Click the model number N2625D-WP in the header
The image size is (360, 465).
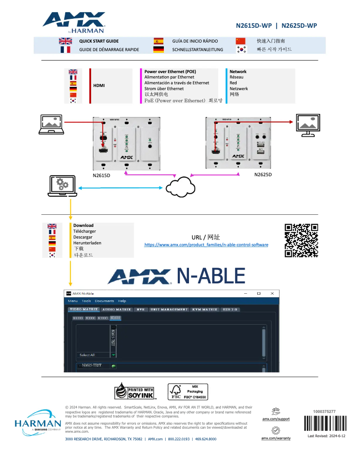(x=299, y=26)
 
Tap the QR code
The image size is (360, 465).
(x=301, y=240)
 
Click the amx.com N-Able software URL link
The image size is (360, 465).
(x=206, y=245)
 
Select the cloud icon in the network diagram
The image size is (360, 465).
(x=180, y=187)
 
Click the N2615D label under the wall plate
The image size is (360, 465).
(x=101, y=175)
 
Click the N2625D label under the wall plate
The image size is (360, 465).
(x=263, y=174)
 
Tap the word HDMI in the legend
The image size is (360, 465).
(x=99, y=85)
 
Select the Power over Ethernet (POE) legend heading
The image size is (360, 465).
(x=170, y=72)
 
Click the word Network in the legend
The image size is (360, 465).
(x=238, y=72)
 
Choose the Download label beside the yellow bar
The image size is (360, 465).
(x=83, y=226)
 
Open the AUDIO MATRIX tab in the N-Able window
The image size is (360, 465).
(x=117, y=309)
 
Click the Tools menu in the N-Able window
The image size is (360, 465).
(x=86, y=301)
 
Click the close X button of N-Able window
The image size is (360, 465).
(x=272, y=293)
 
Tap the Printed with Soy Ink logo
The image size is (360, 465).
(x=135, y=391)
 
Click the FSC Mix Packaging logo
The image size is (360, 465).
(x=188, y=391)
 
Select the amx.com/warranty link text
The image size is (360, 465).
(x=276, y=438)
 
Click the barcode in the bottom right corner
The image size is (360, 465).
(x=325, y=423)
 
